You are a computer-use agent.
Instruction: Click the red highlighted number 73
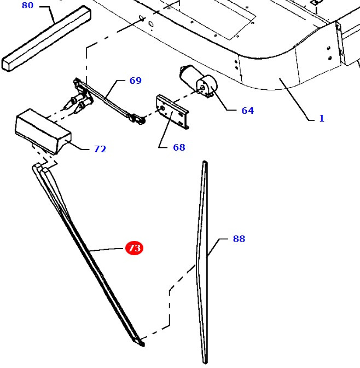click(134, 248)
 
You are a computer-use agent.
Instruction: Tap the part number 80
click(27, 5)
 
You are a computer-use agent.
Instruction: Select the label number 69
click(135, 81)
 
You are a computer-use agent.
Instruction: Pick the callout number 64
click(247, 111)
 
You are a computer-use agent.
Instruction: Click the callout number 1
click(322, 118)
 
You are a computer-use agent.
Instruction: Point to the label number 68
click(178, 147)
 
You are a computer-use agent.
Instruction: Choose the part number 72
click(100, 149)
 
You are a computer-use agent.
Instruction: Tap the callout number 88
click(239, 239)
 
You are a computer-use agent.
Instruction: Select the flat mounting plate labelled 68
click(172, 111)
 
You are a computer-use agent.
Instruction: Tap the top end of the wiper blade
click(205, 163)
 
